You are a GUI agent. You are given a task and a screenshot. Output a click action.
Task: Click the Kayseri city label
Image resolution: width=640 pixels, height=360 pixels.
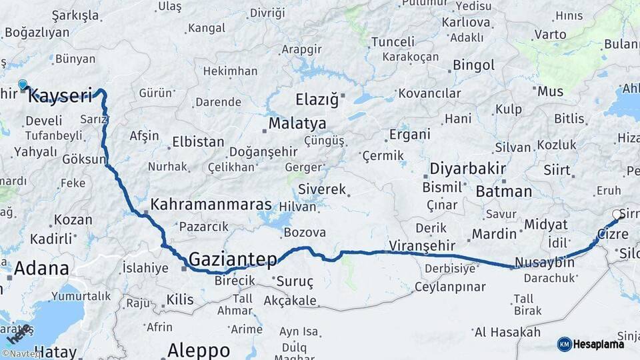(60, 96)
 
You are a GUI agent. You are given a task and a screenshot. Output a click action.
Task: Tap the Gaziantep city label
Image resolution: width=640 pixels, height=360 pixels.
(232, 259)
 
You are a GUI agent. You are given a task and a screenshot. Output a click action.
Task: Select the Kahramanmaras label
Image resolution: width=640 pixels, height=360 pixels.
(211, 205)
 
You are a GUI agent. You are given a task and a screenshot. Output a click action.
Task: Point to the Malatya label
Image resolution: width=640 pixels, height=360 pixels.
(297, 124)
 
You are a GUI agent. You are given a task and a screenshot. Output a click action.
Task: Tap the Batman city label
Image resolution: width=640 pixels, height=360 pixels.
(504, 192)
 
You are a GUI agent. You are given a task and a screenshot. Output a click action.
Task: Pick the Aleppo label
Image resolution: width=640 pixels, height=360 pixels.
(199, 349)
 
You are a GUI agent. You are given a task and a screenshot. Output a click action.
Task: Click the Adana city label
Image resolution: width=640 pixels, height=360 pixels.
(41, 269)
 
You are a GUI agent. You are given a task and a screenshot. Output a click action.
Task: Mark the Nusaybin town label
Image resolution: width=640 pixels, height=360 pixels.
(545, 262)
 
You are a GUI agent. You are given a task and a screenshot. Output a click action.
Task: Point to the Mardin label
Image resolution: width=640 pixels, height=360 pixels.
(494, 234)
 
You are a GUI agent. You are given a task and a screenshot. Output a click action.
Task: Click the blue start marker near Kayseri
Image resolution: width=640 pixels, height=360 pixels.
(23, 85)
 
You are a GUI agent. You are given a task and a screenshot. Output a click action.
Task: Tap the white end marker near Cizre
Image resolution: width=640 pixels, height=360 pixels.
(616, 215)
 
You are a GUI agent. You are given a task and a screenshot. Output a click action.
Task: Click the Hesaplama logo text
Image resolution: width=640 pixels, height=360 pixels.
(600, 344)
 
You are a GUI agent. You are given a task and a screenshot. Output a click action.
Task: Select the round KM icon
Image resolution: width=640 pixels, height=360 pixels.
(565, 344)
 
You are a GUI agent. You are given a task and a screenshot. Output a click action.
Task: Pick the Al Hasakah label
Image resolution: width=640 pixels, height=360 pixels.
(507, 332)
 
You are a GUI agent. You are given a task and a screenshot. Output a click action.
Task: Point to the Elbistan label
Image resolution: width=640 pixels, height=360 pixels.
(198, 142)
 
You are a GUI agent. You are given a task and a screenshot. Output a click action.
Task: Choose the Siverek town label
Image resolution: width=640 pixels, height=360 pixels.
(323, 189)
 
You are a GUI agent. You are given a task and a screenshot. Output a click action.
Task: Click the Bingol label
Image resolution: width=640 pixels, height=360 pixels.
(473, 65)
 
